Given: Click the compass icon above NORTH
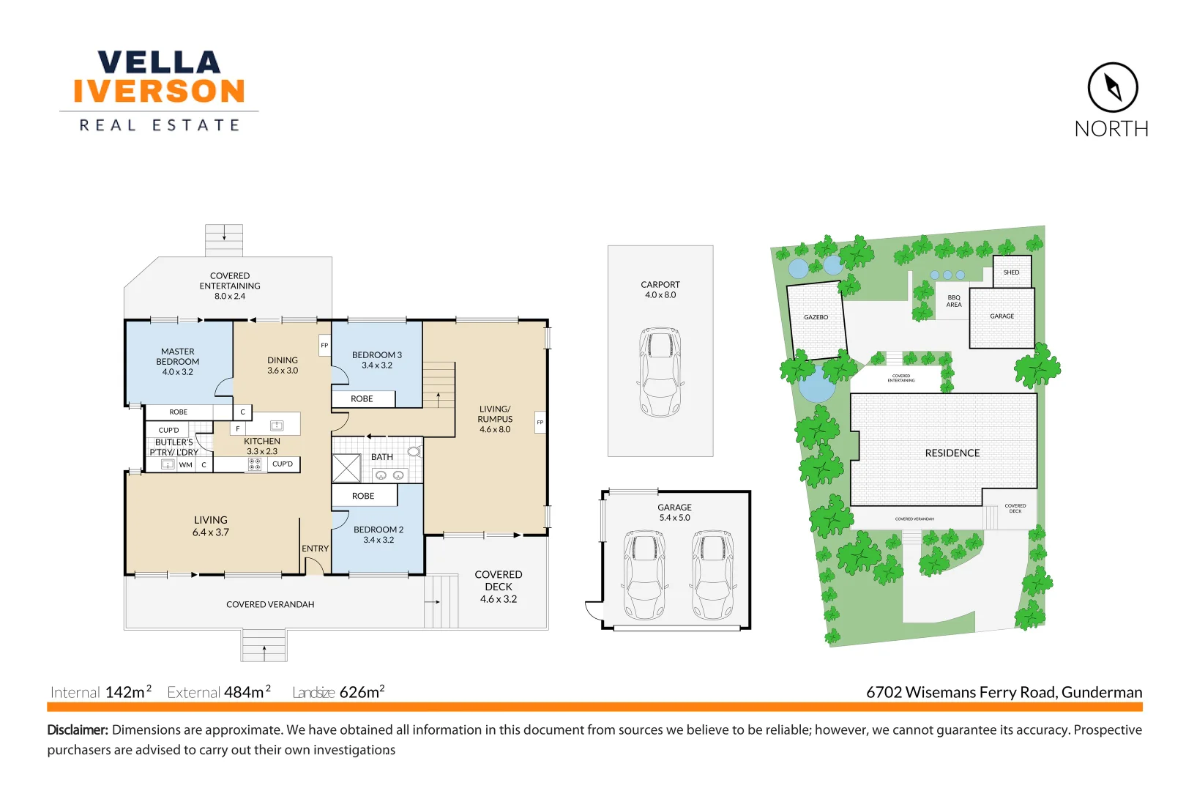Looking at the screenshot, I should pos(1112,87).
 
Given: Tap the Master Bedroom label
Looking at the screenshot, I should pos(178,362).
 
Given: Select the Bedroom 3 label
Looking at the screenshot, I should pos(377,360).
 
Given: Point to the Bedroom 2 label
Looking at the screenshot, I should pos(378,535).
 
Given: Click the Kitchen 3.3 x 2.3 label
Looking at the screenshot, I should pos(262,446).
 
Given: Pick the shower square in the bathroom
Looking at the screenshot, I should pos(346,468).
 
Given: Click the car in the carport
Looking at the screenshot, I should pos(660,371).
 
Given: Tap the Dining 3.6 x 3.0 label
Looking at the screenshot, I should pos(283,365).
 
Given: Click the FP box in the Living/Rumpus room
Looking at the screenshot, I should pos(540,422).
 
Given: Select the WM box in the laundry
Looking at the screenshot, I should pos(186,464).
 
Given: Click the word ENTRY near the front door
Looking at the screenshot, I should pos(316,549).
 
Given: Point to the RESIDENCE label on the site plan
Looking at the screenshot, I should pos(952,453).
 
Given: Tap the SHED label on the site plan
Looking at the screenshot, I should pos(1011,272).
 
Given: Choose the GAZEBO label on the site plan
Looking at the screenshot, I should pos(816,317).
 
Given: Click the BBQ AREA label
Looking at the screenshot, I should pos(954,301).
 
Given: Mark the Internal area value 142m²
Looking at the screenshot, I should pos(128,692).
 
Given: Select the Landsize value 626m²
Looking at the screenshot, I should pos(362,692).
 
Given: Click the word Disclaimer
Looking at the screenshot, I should pos(78,730).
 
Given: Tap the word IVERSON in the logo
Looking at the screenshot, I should pos(159,92).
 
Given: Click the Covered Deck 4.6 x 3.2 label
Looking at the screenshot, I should pos(499,587).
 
